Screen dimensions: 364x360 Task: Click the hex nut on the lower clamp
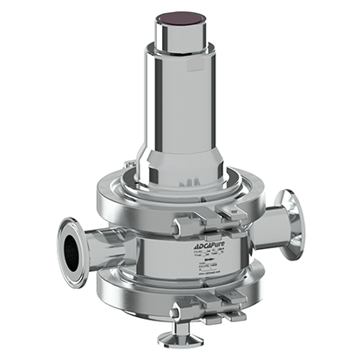pos(181,306)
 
